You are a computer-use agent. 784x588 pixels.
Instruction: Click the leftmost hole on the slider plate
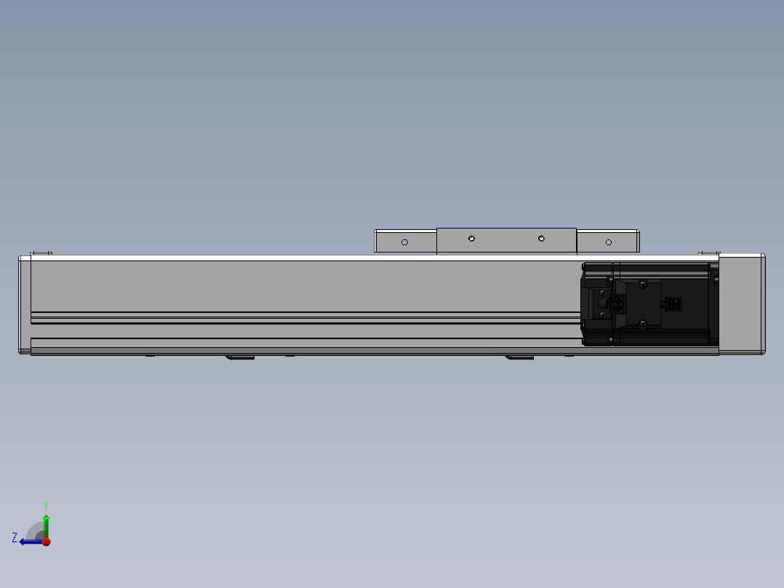point(405,242)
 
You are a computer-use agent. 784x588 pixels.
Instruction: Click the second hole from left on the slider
point(471,238)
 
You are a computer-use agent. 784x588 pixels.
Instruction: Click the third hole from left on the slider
point(541,238)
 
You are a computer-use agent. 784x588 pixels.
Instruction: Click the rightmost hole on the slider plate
point(609,242)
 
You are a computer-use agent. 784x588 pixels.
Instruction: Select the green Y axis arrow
point(46,525)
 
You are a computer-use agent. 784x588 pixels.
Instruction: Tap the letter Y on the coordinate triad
point(46,505)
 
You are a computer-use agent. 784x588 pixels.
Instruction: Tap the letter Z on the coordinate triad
point(15,538)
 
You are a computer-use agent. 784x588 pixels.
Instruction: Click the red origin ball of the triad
point(46,541)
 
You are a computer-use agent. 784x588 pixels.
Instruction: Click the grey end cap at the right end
point(741,303)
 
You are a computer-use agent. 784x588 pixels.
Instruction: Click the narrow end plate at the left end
point(24,304)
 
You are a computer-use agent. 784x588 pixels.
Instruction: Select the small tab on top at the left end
point(41,253)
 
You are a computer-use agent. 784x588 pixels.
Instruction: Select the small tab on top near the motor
point(708,253)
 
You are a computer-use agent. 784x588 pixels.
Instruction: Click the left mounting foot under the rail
point(239,357)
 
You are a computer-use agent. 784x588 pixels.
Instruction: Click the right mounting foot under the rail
point(519,357)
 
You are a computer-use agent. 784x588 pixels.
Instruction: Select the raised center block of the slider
point(506,241)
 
